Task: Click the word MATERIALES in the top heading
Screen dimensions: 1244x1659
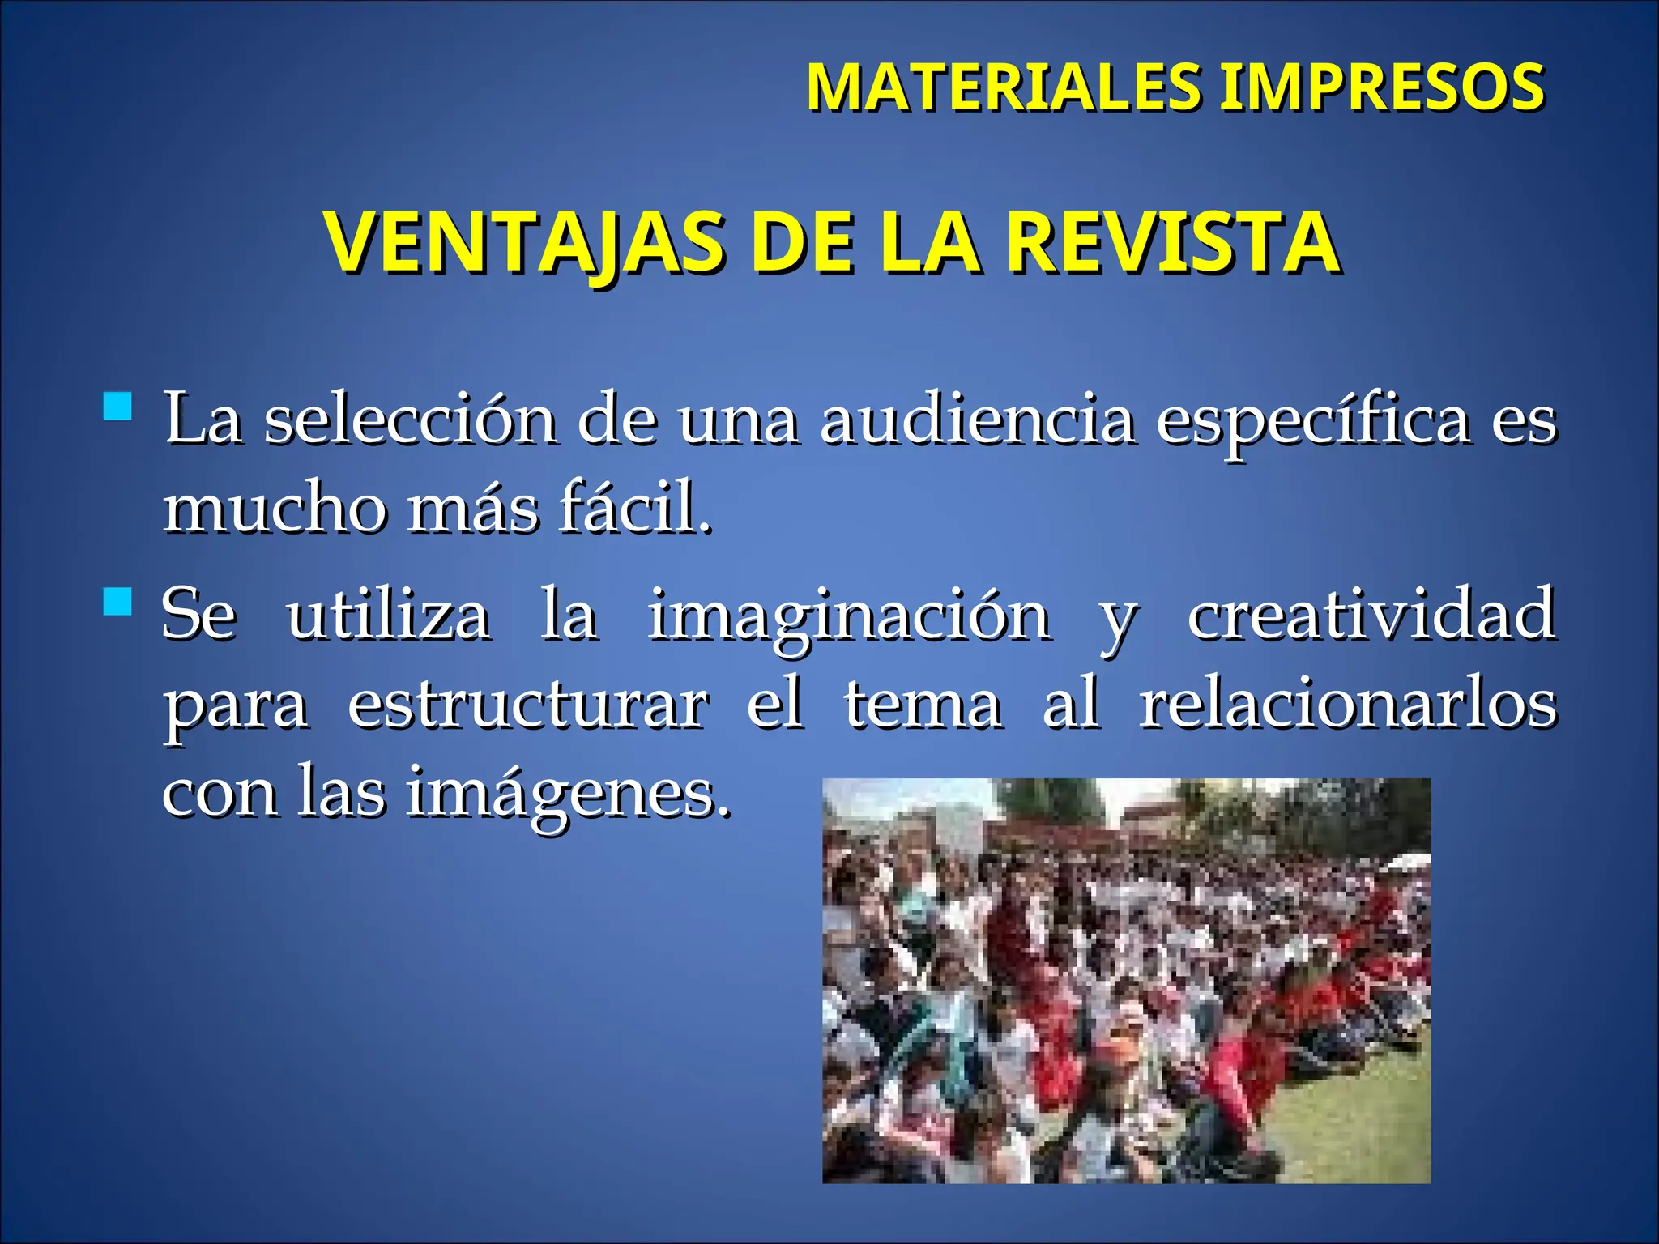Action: [x=1004, y=87]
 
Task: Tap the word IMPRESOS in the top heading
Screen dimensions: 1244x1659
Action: [x=1382, y=87]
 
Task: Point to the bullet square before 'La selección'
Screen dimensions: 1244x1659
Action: [x=118, y=406]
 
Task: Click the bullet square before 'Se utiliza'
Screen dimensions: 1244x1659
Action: [x=118, y=601]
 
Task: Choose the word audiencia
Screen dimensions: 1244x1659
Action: [x=977, y=420]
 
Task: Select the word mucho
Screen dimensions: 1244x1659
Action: [x=275, y=509]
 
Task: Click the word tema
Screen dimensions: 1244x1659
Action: [x=923, y=704]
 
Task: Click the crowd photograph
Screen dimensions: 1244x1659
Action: [x=1126, y=980]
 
